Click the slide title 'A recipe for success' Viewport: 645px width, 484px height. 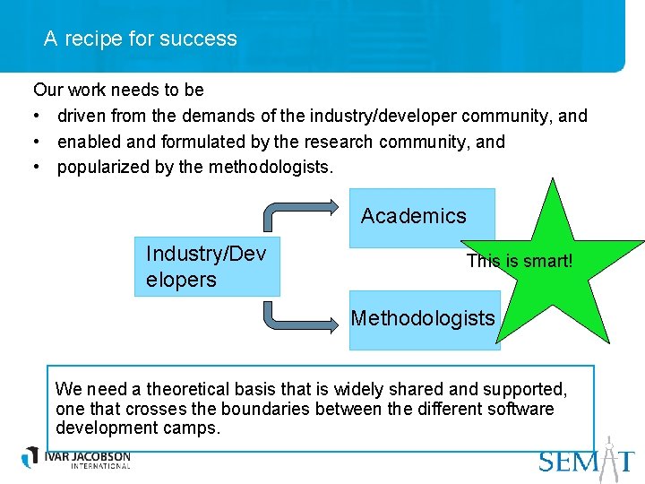point(141,39)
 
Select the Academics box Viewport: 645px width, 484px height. point(414,217)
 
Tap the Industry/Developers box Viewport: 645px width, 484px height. point(206,266)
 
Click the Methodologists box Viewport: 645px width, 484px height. point(423,318)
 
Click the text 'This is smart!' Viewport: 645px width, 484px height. point(520,261)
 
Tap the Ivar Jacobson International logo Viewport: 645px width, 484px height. point(77,458)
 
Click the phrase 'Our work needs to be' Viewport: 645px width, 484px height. point(118,90)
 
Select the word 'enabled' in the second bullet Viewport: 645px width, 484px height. point(88,142)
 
